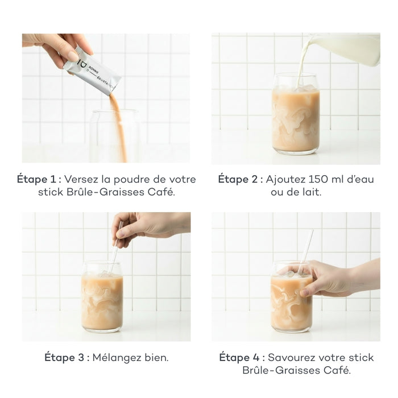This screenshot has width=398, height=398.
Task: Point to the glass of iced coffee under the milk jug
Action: click(x=295, y=117)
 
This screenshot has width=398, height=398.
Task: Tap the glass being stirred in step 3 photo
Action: click(x=102, y=298)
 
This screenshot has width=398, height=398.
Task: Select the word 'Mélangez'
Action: click(x=116, y=358)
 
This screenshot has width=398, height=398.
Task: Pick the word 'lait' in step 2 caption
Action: click(x=312, y=193)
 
